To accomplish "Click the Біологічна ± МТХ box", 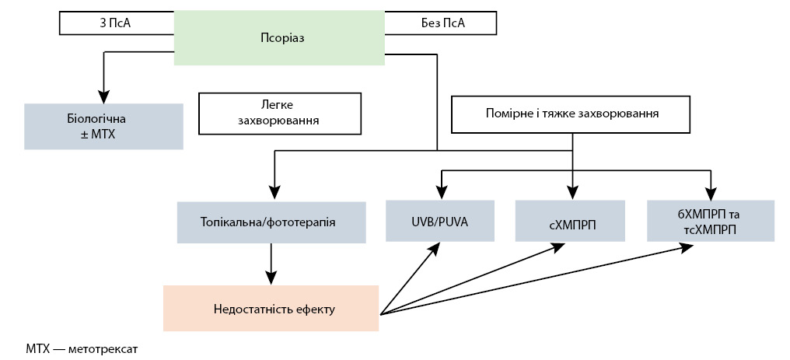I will point(103,126).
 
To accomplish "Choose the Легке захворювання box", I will point(281,113).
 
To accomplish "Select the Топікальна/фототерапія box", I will point(271,222).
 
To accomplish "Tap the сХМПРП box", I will point(572,222).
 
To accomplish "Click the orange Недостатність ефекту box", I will point(271,309).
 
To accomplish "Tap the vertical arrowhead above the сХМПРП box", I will point(572,194).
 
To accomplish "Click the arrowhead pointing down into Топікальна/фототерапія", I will point(272,194).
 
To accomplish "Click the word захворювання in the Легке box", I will point(281,121).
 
